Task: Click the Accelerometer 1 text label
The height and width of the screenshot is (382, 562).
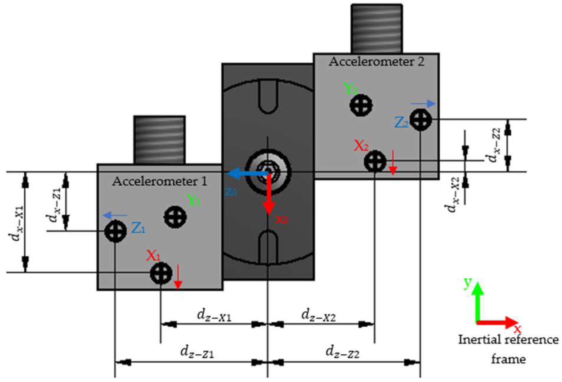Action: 159,181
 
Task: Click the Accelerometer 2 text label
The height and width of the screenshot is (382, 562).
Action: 377,62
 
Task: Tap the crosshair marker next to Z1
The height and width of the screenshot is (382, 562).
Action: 115,231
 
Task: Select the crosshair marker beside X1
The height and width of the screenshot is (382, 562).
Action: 161,273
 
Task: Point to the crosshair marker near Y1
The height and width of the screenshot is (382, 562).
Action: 175,217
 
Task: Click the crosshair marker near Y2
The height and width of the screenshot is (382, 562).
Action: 361,105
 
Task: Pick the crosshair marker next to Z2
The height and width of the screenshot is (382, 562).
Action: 421,119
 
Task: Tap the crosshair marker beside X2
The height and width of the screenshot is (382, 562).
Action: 375,161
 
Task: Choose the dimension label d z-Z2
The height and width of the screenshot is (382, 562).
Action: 342,352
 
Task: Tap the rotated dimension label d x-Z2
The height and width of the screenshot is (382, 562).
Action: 495,145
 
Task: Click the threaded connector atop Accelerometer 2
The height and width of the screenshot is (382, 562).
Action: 377,29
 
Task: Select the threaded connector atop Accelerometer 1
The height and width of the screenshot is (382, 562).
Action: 159,139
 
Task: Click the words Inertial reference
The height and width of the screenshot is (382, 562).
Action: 508,340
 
